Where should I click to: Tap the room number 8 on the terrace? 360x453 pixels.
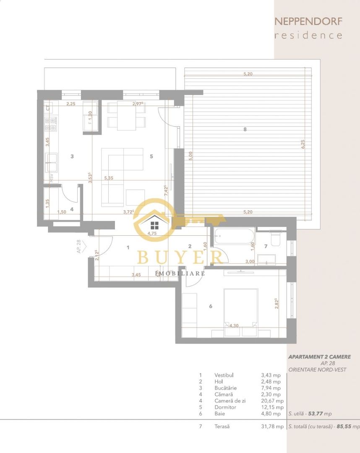click(x=245, y=130)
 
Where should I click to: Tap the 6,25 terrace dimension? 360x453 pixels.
click(x=303, y=144)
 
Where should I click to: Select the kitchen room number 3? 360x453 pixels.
click(x=72, y=156)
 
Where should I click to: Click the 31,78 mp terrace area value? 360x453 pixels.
click(x=271, y=427)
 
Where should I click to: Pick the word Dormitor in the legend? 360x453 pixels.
click(x=225, y=407)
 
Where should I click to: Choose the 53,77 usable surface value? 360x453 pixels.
click(x=316, y=414)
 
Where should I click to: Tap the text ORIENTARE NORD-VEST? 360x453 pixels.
click(x=317, y=370)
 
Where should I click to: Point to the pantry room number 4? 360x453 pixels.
click(x=72, y=209)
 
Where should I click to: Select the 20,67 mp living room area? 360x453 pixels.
click(x=271, y=401)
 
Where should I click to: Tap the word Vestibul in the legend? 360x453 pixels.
click(x=224, y=375)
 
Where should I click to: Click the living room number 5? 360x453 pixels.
click(x=151, y=156)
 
